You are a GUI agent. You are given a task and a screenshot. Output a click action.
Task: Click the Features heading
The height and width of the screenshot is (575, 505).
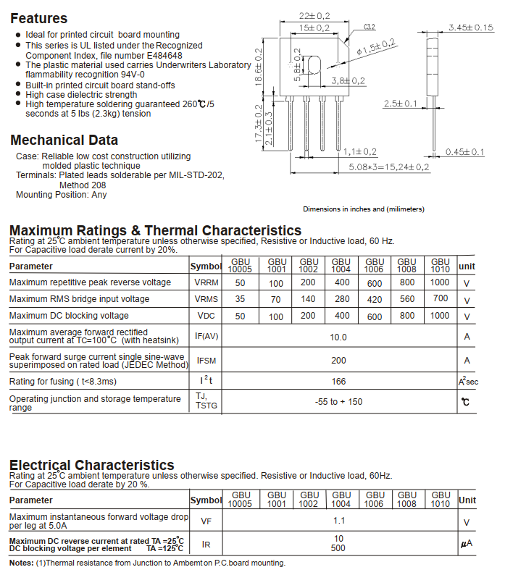tap(39, 19)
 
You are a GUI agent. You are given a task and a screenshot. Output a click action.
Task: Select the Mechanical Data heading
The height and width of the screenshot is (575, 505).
tap(64, 140)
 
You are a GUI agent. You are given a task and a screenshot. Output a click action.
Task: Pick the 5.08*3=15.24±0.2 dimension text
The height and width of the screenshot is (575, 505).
tap(388, 167)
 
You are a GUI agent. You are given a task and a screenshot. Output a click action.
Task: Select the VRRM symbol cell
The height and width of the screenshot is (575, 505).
tap(205, 282)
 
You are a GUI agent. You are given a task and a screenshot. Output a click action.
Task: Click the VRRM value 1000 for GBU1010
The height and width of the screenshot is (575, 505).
tap(439, 282)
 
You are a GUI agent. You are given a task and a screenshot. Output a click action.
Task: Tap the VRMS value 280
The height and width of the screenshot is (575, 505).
tap(341, 299)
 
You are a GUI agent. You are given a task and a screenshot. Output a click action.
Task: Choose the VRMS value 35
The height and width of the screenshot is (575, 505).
tap(240, 299)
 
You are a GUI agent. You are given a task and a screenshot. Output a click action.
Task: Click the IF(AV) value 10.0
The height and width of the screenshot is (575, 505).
tap(338, 337)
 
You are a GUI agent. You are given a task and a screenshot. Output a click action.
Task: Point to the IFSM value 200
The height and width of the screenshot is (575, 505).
tap(338, 361)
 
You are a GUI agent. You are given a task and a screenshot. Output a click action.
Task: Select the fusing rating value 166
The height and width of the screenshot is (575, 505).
tap(338, 382)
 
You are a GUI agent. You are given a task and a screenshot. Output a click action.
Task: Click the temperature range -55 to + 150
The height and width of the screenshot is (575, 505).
tap(338, 402)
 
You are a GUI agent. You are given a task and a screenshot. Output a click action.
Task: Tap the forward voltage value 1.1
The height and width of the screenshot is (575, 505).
tap(338, 521)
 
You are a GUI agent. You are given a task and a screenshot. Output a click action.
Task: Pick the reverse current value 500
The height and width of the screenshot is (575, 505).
tap(338, 548)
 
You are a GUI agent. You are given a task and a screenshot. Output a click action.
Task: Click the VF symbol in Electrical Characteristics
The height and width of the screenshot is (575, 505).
tap(206, 521)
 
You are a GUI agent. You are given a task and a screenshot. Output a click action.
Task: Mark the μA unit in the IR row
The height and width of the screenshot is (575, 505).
tap(467, 543)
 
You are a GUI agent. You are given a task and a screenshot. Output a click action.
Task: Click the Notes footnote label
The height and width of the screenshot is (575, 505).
tap(22, 563)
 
